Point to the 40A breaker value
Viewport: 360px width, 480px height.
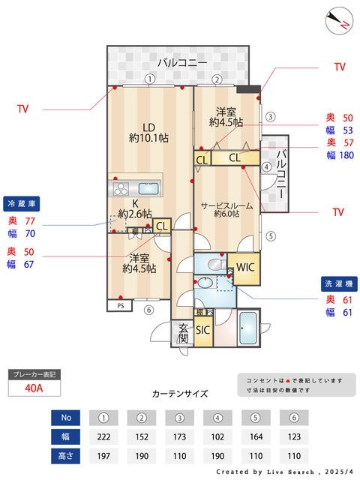pyautogui.click(x=33, y=388)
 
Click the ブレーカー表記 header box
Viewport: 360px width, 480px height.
pyautogui.click(x=33, y=373)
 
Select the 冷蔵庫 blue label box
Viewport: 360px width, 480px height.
pyautogui.click(x=22, y=204)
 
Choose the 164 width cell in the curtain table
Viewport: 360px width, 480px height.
pyautogui.click(x=255, y=435)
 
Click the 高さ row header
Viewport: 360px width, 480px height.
pyautogui.click(x=65, y=454)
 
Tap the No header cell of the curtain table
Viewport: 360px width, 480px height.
pyautogui.click(x=65, y=416)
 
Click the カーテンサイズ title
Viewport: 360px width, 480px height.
pyautogui.click(x=180, y=393)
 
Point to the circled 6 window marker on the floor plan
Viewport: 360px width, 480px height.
pyautogui.click(x=148, y=310)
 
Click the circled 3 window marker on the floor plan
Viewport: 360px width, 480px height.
pyautogui.click(x=271, y=116)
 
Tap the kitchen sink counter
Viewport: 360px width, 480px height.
pyautogui.click(x=136, y=187)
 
